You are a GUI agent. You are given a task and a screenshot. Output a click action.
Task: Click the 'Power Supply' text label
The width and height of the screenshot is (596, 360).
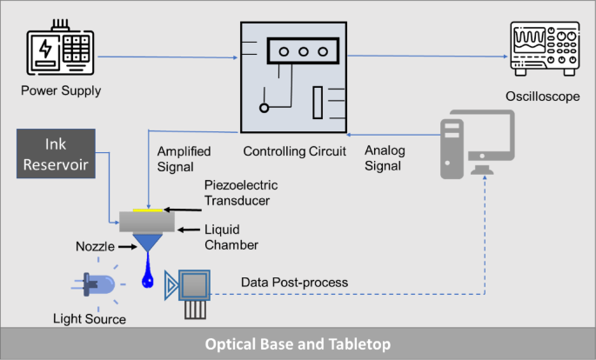coord(61,90)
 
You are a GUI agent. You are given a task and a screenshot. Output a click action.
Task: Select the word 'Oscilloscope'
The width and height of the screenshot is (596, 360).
coord(543,97)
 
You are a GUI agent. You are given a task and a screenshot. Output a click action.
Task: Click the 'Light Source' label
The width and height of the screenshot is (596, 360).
coord(90,319)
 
